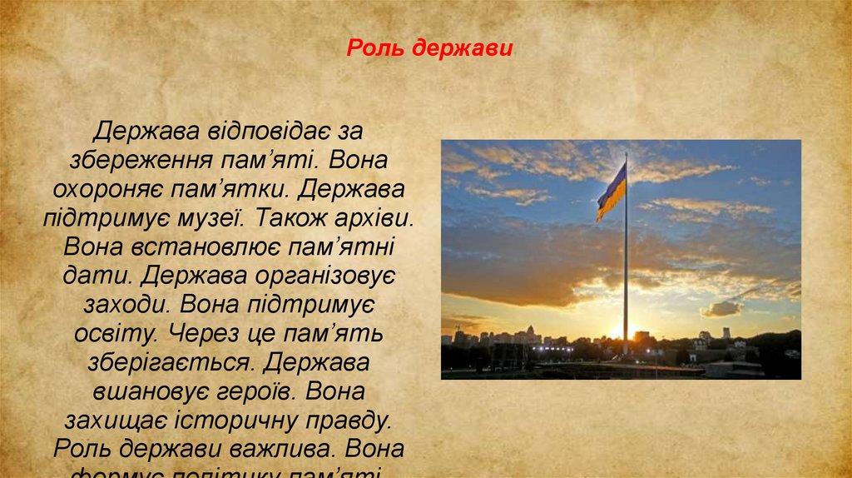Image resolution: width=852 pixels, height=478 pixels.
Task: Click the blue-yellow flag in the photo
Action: tap(612, 192)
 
